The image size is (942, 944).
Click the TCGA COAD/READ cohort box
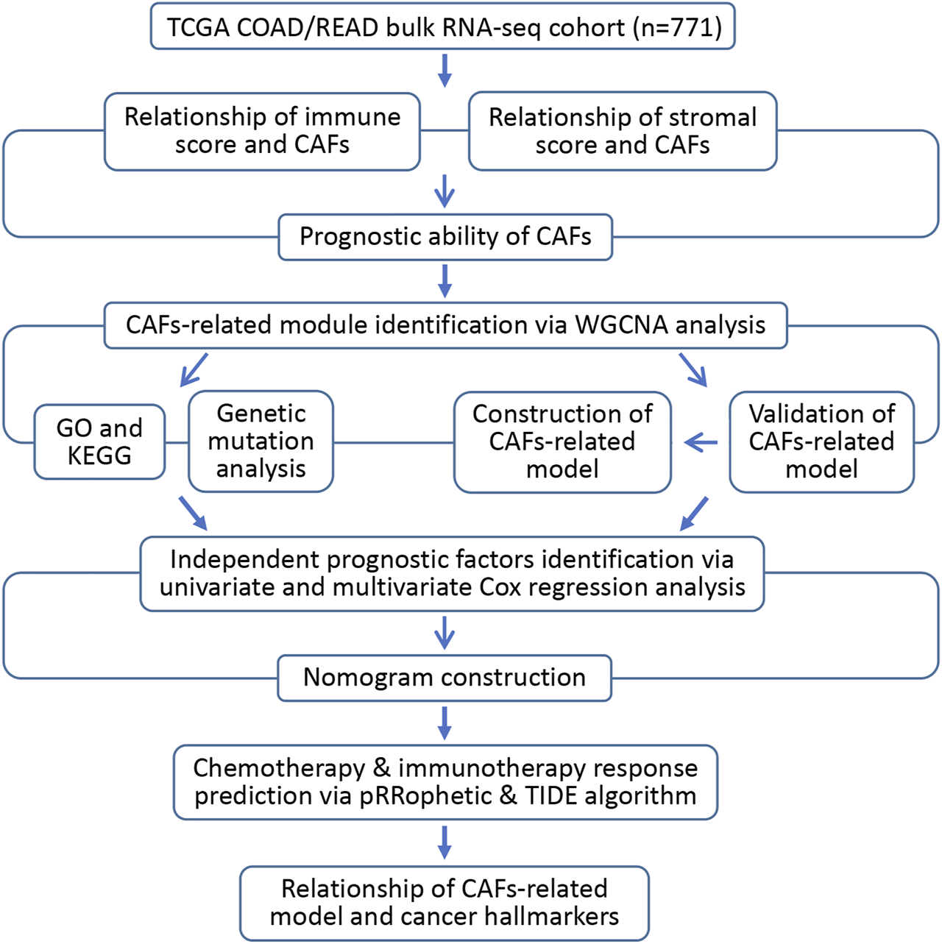point(442,27)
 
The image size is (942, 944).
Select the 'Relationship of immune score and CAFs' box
point(262,131)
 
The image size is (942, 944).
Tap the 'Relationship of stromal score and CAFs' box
point(623,131)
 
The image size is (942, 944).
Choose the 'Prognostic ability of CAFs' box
point(445,237)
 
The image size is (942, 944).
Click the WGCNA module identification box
point(445,325)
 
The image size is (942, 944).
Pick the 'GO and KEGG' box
point(99,441)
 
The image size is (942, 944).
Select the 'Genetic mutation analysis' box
point(261,441)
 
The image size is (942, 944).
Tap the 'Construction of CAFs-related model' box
point(562,441)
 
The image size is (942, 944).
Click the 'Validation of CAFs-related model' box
point(821,441)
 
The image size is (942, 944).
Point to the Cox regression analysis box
point(452,573)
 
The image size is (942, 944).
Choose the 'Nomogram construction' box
point(445,678)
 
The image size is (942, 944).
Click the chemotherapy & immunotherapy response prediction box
point(445,782)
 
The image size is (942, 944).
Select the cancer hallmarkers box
point(445,903)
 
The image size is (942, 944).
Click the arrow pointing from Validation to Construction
point(701,442)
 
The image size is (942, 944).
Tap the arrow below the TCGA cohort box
point(445,70)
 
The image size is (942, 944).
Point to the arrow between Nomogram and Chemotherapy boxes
point(445,723)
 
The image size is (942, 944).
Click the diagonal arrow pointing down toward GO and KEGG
point(194,369)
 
